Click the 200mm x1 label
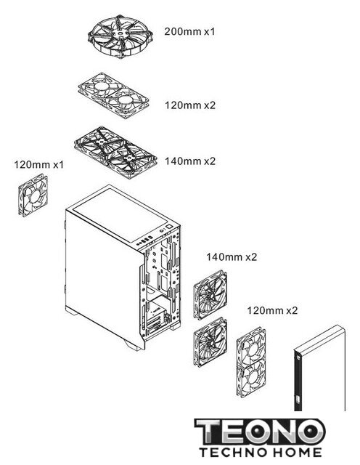[189, 31]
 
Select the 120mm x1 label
[38, 164]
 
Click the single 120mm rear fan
[33, 195]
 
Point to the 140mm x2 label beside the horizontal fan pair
[190, 161]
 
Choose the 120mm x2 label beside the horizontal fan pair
[190, 105]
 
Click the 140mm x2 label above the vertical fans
[232, 256]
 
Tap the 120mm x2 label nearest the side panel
[272, 310]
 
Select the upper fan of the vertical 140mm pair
[210, 294]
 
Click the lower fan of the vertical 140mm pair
[210, 342]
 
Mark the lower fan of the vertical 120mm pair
[251, 378]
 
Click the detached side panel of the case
[319, 368]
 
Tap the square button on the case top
[168, 227]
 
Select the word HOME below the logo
[297, 453]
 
